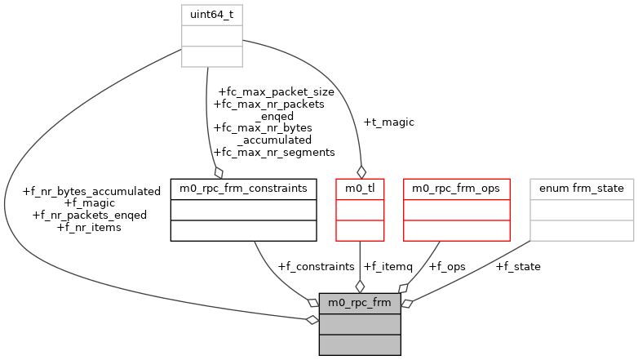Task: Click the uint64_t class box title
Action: [211, 15]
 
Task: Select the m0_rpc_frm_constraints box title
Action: [243, 189]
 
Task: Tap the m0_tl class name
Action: [360, 189]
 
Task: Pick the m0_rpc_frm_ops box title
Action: [457, 189]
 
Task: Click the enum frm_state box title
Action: [582, 189]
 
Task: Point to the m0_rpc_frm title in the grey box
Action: [359, 303]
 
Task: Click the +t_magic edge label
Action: [389, 122]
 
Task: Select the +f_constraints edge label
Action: [316, 266]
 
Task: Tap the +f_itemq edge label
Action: [388, 266]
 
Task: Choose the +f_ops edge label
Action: [447, 266]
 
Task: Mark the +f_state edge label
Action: [518, 266]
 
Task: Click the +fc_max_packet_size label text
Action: [276, 92]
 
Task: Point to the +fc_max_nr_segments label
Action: [273, 152]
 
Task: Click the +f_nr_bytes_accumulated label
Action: [91, 191]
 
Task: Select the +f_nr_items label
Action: [90, 228]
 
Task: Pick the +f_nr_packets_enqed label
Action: [89, 216]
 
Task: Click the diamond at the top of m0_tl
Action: [360, 171]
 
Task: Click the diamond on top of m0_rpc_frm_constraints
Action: [218, 171]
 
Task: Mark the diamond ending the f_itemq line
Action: [360, 286]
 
